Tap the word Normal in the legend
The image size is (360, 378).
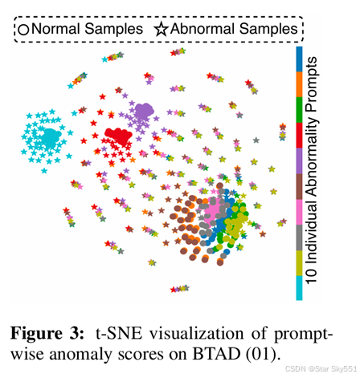[53, 29]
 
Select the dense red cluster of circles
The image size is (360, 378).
[121, 137]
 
